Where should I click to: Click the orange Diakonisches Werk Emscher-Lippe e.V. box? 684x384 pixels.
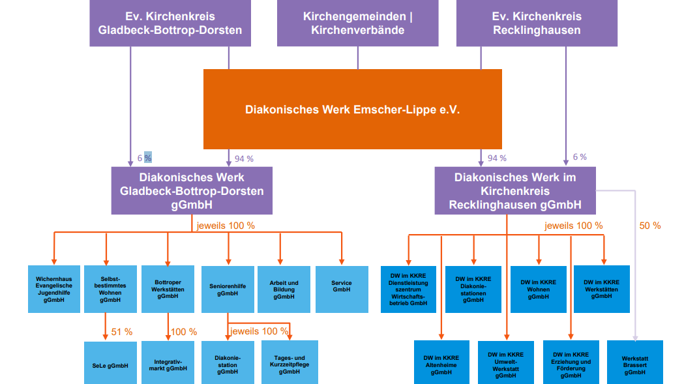353,110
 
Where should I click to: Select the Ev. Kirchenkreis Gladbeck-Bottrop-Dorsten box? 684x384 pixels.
170,23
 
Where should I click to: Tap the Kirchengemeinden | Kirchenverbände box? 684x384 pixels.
357,23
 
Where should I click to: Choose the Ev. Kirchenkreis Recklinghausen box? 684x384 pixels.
537,23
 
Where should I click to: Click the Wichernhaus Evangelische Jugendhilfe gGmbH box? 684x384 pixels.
54,289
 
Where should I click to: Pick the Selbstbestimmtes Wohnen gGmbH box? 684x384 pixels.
110,289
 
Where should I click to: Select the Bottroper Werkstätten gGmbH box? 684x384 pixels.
168,289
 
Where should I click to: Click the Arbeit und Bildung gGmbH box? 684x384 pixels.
284,289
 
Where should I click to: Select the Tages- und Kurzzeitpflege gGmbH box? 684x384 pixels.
290,364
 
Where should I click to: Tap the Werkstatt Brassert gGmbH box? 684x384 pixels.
634,362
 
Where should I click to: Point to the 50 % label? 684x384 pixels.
649,226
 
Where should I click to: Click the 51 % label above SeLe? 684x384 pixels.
122,332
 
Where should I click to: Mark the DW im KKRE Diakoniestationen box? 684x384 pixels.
473,289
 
